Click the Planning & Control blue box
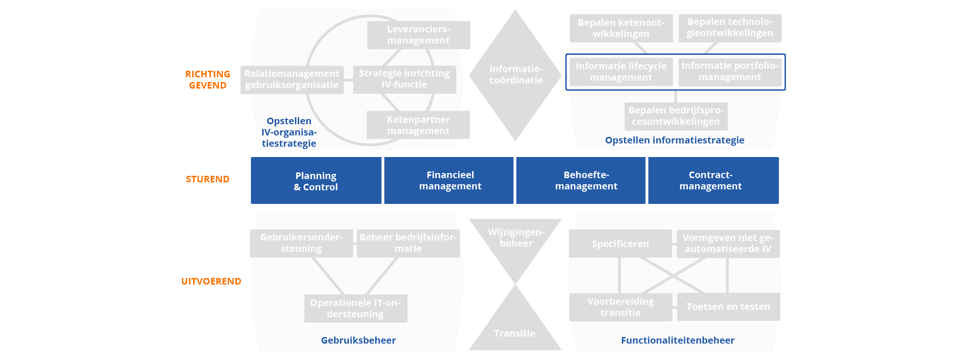[316, 181]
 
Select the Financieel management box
[449, 180]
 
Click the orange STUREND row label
[207, 179]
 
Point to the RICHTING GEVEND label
[207, 80]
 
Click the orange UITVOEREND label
[211, 281]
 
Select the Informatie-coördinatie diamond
[515, 75]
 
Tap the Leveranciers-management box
[418, 35]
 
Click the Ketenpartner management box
[418, 125]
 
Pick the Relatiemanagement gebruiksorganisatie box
[292, 80]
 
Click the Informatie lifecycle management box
[621, 72]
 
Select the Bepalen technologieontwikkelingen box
[730, 28]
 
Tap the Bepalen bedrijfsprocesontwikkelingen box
[676, 116]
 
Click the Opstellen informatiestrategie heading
[674, 140]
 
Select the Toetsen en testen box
[728, 307]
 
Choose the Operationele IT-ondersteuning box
[355, 308]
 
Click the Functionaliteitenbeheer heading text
[678, 340]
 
